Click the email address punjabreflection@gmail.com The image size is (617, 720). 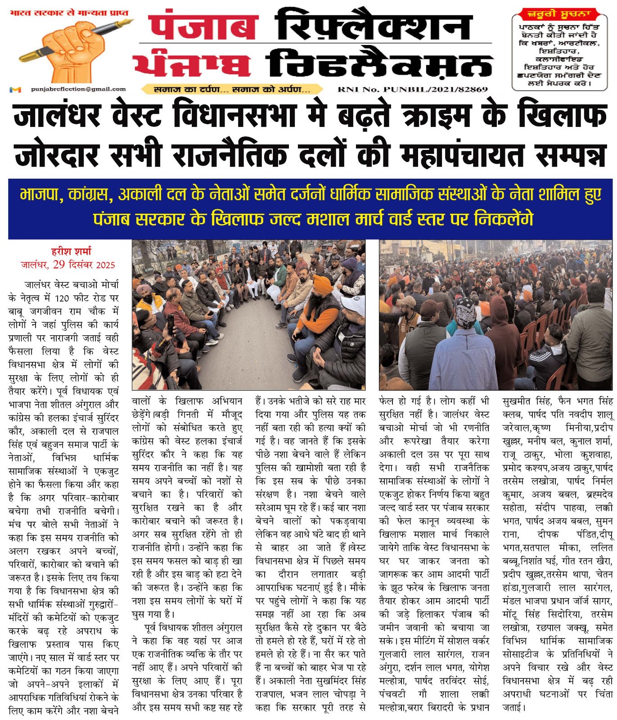(78, 89)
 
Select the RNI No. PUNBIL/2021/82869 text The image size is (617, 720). (412, 89)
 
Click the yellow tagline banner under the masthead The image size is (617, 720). (231, 89)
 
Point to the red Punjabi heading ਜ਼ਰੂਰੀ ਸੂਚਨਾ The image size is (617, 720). (560, 14)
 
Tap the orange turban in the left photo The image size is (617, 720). (323, 284)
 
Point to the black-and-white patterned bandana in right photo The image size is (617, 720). (465, 310)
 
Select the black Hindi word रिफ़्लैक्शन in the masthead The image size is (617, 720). (374, 27)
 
